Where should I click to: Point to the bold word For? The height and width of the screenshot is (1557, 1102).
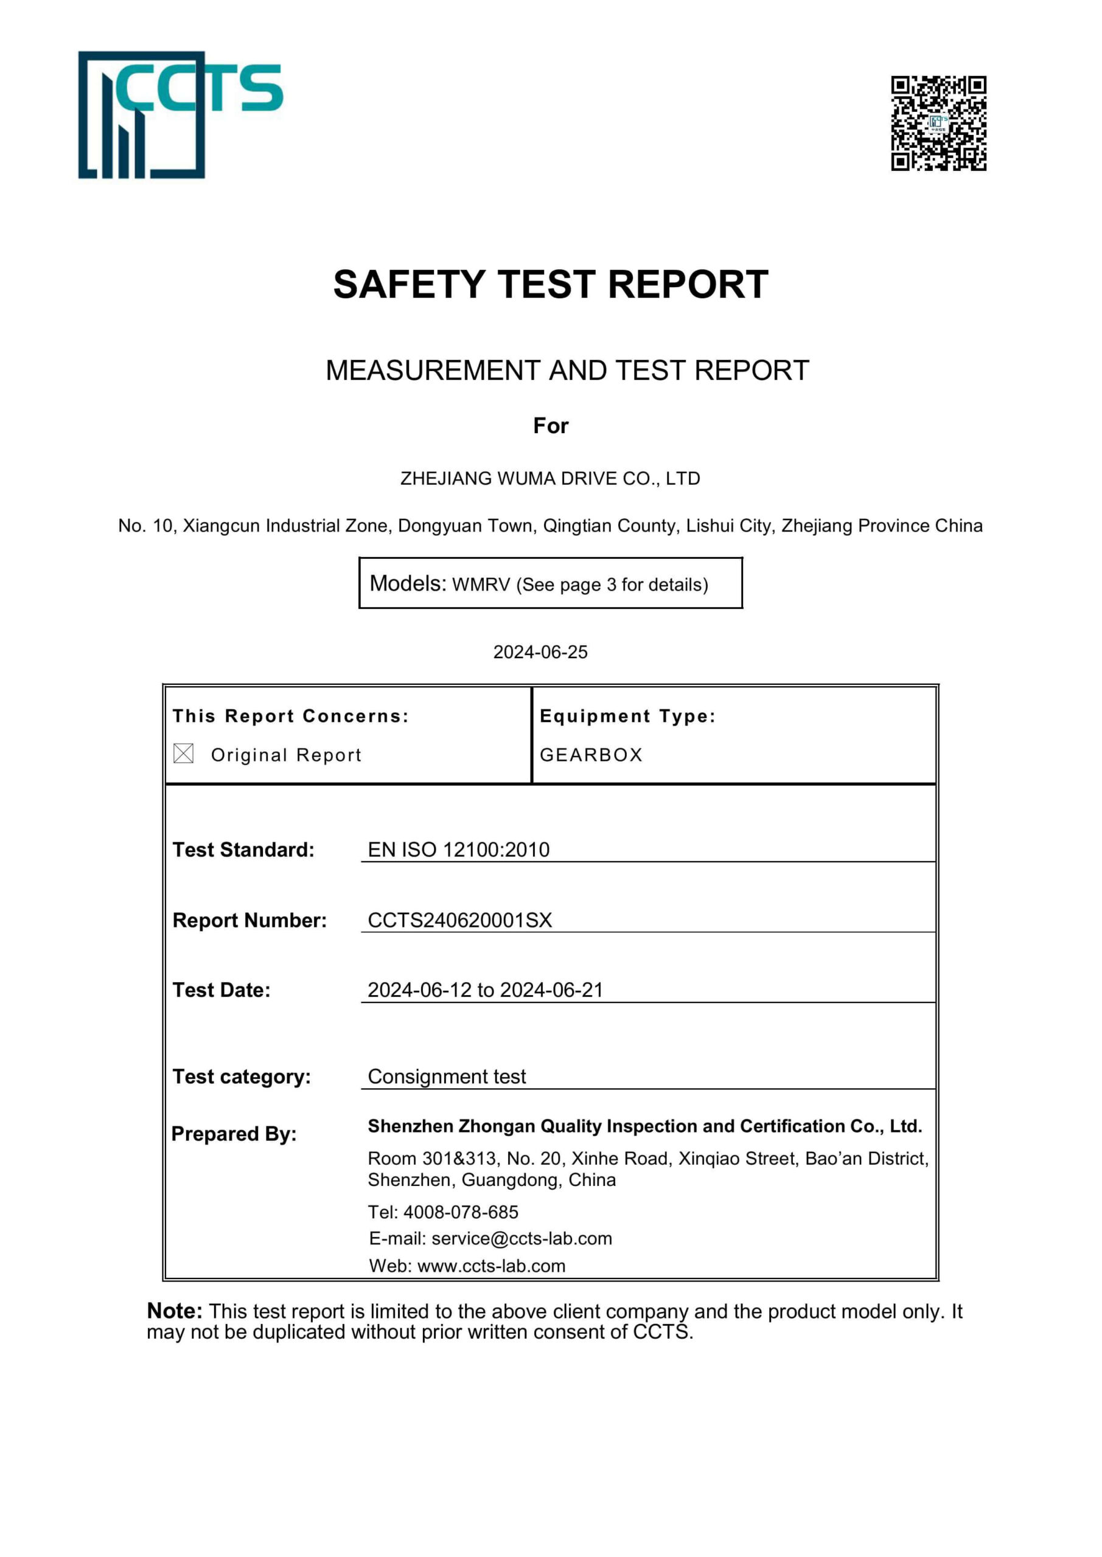coord(550,426)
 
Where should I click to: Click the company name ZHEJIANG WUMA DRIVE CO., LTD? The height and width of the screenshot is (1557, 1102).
coord(549,479)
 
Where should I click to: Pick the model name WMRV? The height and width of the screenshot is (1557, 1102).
coord(481,584)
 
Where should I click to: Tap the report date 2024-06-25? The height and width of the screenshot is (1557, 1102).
coord(540,653)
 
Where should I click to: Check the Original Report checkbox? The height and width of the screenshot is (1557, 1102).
coord(183,754)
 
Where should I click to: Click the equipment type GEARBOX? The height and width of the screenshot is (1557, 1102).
coord(591,755)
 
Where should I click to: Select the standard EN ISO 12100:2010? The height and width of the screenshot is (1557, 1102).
coord(458,850)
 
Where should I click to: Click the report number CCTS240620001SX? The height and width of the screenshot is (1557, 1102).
coord(459,920)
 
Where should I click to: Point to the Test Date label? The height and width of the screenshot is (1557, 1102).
coord(221,990)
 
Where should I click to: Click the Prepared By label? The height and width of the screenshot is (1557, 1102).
coord(234,1134)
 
